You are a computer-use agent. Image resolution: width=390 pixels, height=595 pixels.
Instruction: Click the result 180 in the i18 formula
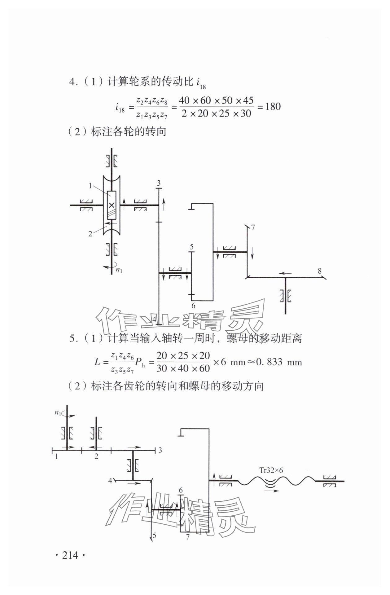click(273, 107)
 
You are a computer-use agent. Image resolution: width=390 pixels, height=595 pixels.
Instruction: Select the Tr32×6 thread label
click(271, 470)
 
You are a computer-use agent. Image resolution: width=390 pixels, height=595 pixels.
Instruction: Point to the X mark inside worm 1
click(112, 205)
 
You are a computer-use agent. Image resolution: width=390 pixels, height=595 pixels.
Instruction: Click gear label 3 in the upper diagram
click(159, 183)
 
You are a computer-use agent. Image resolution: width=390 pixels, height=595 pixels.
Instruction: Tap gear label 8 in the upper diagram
click(320, 271)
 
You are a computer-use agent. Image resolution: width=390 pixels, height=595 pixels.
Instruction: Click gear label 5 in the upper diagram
click(191, 247)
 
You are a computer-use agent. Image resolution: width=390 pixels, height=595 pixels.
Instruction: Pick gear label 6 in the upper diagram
click(193, 306)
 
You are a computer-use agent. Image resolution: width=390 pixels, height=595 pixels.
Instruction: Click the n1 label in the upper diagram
click(119, 270)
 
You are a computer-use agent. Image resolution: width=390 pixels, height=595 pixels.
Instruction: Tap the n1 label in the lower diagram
click(58, 412)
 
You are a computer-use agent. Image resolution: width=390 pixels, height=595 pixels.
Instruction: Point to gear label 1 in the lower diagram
click(56, 456)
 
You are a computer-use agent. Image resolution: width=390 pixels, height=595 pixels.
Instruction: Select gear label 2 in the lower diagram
click(96, 456)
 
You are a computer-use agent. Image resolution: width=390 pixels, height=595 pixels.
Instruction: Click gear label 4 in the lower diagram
click(110, 481)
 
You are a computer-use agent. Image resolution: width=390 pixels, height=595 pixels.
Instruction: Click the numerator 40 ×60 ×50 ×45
click(216, 100)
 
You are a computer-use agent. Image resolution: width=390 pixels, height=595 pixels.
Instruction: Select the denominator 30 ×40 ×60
click(183, 368)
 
